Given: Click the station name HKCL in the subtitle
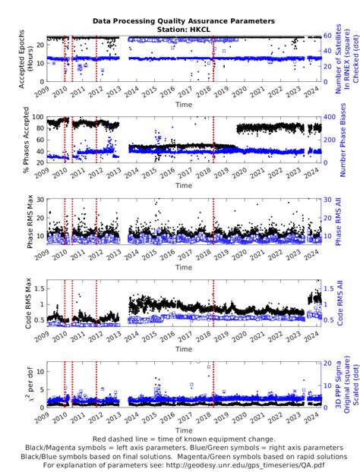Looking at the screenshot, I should pos(198,30).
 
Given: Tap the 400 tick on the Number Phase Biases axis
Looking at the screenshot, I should pos(327,117).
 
